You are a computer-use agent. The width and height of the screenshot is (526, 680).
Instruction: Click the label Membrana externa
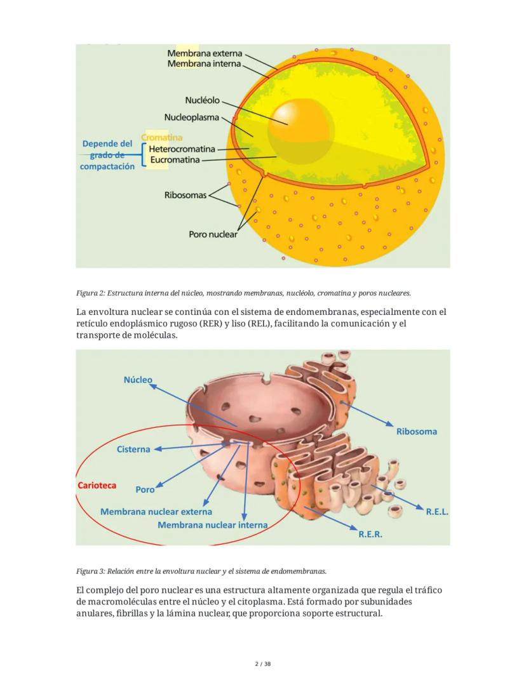pyautogui.click(x=205, y=54)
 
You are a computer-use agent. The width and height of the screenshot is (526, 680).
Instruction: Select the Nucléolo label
pyautogui.click(x=202, y=100)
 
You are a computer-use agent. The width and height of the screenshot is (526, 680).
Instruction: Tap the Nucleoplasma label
pyautogui.click(x=191, y=117)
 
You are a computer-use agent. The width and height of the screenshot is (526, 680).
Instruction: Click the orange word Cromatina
pyautogui.click(x=161, y=137)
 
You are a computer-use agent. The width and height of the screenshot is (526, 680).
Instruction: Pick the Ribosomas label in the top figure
pyautogui.click(x=185, y=195)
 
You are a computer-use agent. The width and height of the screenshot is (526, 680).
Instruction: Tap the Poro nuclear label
pyautogui.click(x=213, y=234)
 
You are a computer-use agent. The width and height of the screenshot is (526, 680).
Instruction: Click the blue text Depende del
pyautogui.click(x=107, y=144)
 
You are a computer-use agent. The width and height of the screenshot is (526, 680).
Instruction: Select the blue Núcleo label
pyautogui.click(x=138, y=380)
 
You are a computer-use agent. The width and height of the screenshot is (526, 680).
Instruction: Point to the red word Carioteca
pyautogui.click(x=97, y=486)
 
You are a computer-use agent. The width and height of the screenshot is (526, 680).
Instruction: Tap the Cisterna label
pyautogui.click(x=133, y=450)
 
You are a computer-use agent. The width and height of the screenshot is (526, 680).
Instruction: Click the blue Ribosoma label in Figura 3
pyautogui.click(x=416, y=432)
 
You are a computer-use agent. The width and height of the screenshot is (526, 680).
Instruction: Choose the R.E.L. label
pyautogui.click(x=437, y=512)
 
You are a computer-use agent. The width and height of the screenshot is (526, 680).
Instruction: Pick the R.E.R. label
pyautogui.click(x=370, y=535)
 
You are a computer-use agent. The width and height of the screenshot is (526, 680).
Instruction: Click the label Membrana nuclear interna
pyautogui.click(x=212, y=525)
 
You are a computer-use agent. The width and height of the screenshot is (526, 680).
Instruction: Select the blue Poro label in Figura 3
pyautogui.click(x=145, y=490)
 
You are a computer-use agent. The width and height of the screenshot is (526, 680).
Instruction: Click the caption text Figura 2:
pyautogui.click(x=90, y=293)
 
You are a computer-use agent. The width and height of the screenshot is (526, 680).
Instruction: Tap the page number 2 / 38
pyautogui.click(x=263, y=664)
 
